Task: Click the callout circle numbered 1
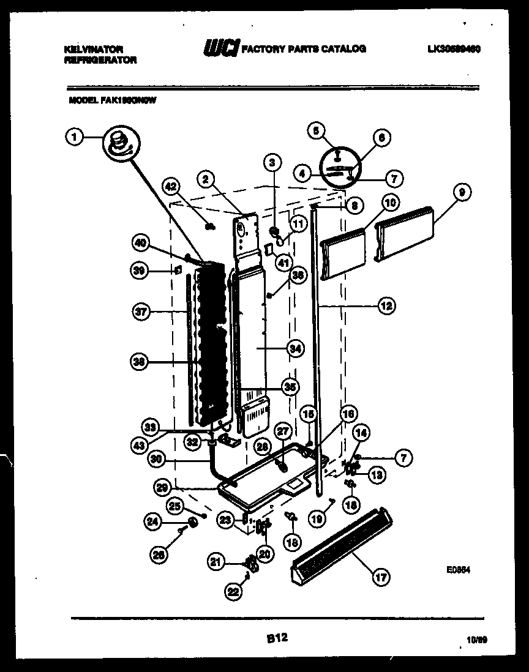74,138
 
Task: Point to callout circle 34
295,348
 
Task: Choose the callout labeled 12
386,305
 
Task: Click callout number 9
462,193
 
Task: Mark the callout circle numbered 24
154,522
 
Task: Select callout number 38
141,362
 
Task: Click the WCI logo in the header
221,49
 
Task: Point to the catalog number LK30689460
454,49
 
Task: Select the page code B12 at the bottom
277,638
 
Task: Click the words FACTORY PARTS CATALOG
304,49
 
